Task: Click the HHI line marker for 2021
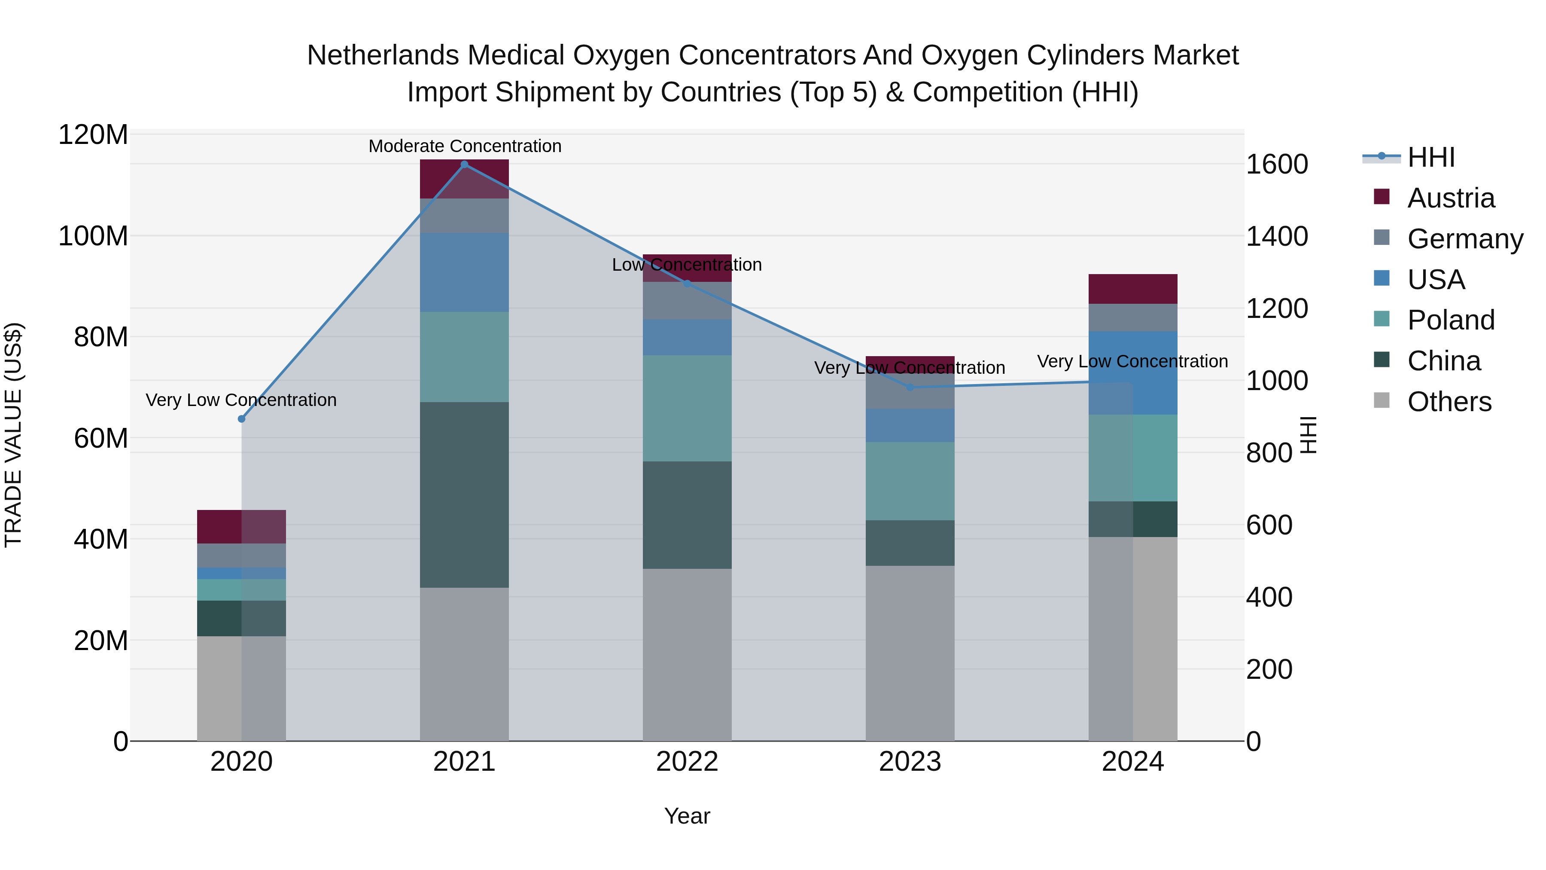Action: click(x=464, y=165)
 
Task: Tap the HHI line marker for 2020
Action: click(x=241, y=419)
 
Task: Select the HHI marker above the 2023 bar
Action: click(x=910, y=387)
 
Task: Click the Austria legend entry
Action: click(x=1451, y=198)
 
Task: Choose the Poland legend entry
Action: click(x=1451, y=320)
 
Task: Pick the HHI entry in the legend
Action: click(x=1431, y=157)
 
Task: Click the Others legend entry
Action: click(x=1449, y=402)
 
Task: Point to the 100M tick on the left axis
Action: click(x=93, y=236)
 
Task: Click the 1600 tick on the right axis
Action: click(x=1277, y=165)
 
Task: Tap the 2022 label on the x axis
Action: click(x=687, y=762)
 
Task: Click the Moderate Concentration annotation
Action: click(x=465, y=146)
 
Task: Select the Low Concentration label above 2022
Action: click(x=687, y=265)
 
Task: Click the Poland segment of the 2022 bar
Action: click(x=687, y=408)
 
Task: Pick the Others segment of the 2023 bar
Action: click(x=910, y=653)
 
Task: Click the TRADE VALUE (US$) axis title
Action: click(x=14, y=435)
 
